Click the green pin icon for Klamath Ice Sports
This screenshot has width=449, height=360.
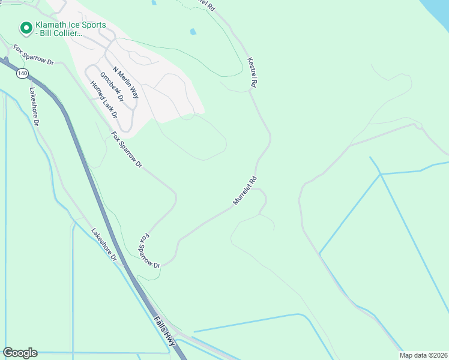[26, 28]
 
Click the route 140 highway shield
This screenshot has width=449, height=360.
[22, 73]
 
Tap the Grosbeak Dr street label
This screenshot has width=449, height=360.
[112, 87]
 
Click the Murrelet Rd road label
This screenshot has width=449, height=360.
[245, 190]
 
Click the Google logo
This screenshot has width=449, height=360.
[20, 353]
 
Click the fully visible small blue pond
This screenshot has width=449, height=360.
[193, 32]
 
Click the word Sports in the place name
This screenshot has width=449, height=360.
[92, 25]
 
